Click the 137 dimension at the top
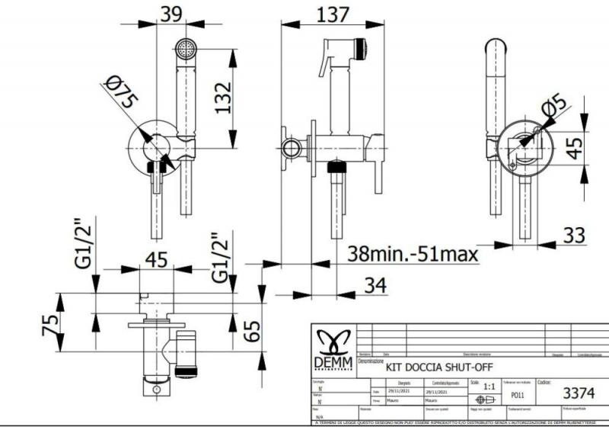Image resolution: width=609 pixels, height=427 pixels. point(329,14)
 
